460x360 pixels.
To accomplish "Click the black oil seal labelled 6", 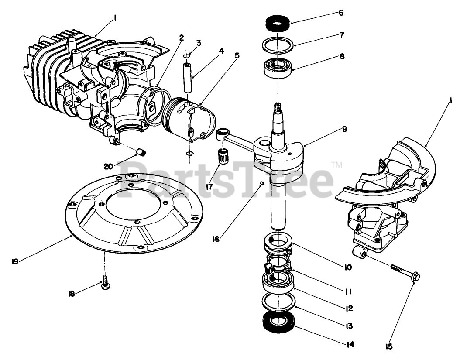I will (275, 23).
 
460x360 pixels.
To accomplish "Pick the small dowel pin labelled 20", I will (141, 152).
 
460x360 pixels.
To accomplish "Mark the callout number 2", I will (181, 38).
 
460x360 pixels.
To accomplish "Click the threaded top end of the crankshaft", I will (278, 107).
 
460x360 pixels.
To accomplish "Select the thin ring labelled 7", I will (278, 45).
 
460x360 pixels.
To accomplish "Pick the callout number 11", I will (348, 291).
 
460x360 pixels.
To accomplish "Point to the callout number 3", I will (199, 43).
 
